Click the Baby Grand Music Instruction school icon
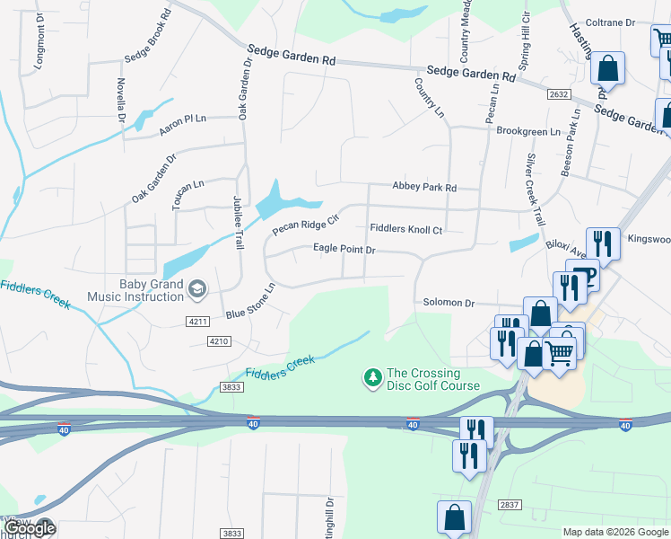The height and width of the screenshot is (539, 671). click(197, 287)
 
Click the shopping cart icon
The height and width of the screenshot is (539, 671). click(561, 352)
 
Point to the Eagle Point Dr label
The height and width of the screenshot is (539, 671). click(344, 249)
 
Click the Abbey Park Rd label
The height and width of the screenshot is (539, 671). click(424, 187)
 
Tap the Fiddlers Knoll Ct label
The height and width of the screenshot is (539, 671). click(406, 230)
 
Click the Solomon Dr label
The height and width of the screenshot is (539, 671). click(449, 304)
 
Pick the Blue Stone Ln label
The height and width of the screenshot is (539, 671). click(250, 302)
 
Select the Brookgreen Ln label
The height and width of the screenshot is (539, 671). click(527, 131)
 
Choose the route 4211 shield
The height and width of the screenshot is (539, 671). click(197, 322)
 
